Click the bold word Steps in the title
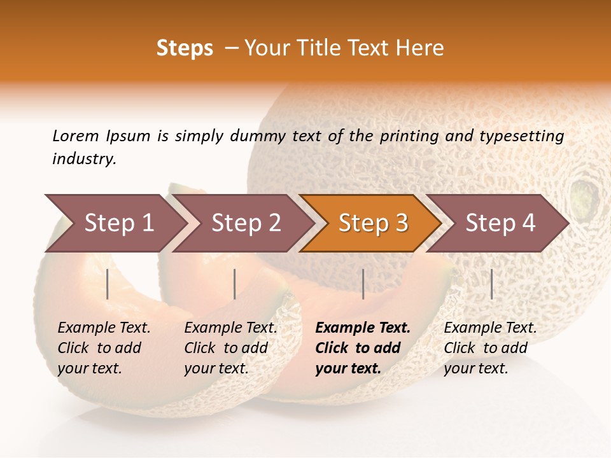[185, 48]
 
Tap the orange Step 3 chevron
[373, 223]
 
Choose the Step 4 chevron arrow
[500, 223]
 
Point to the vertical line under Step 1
[108, 284]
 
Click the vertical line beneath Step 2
[235, 284]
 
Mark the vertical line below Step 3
[363, 284]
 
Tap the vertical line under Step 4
[491, 284]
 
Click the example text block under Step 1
[104, 348]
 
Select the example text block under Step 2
[230, 348]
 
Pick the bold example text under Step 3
[363, 348]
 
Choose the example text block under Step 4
[490, 348]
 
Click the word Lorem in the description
[76, 135]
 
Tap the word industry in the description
[84, 159]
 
